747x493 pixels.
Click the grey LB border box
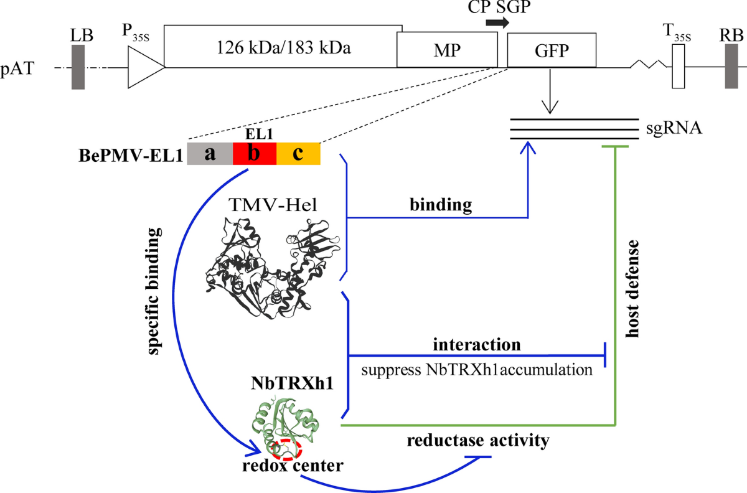click(x=78, y=67)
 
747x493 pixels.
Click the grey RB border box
click(x=732, y=67)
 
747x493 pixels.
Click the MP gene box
click(x=447, y=49)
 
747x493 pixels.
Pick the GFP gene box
click(x=552, y=49)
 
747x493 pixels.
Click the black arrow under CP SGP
click(x=497, y=23)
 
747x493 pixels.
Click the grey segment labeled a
click(x=210, y=154)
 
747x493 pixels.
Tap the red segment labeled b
click(x=254, y=154)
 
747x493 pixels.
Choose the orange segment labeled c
click(x=298, y=154)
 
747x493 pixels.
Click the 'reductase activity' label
click(x=477, y=441)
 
